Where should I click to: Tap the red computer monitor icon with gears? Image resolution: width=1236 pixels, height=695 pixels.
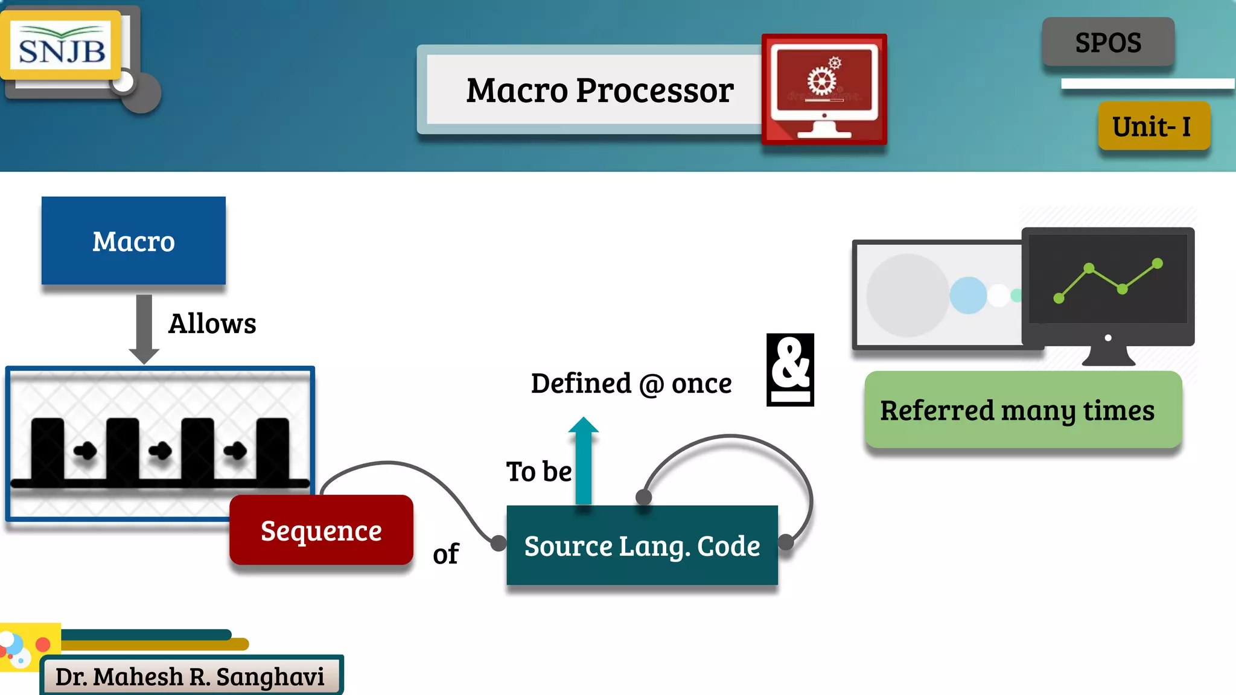(x=824, y=89)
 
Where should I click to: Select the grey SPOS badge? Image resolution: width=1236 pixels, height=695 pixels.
(x=1108, y=43)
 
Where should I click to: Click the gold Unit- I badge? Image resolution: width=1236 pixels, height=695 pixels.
(x=1153, y=127)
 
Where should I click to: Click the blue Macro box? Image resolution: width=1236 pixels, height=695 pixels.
(x=133, y=241)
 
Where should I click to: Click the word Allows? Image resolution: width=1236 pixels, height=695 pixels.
(x=212, y=324)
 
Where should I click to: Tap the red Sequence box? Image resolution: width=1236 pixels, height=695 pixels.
(x=321, y=531)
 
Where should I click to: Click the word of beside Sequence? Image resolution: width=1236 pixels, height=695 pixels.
(x=445, y=554)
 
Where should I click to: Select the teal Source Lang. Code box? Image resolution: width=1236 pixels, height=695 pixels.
(x=642, y=546)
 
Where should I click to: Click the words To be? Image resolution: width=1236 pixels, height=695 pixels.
(x=538, y=472)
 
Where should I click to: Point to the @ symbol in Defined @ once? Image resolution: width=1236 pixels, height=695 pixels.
(x=651, y=385)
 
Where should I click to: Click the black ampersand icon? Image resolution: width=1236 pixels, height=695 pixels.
(x=790, y=369)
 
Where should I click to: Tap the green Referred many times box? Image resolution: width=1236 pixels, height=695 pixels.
(x=1023, y=410)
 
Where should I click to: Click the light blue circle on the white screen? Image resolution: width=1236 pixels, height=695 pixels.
(x=968, y=295)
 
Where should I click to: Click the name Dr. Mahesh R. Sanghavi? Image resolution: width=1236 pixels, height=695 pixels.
(x=190, y=677)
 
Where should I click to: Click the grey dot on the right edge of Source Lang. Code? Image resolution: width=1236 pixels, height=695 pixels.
(x=786, y=542)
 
